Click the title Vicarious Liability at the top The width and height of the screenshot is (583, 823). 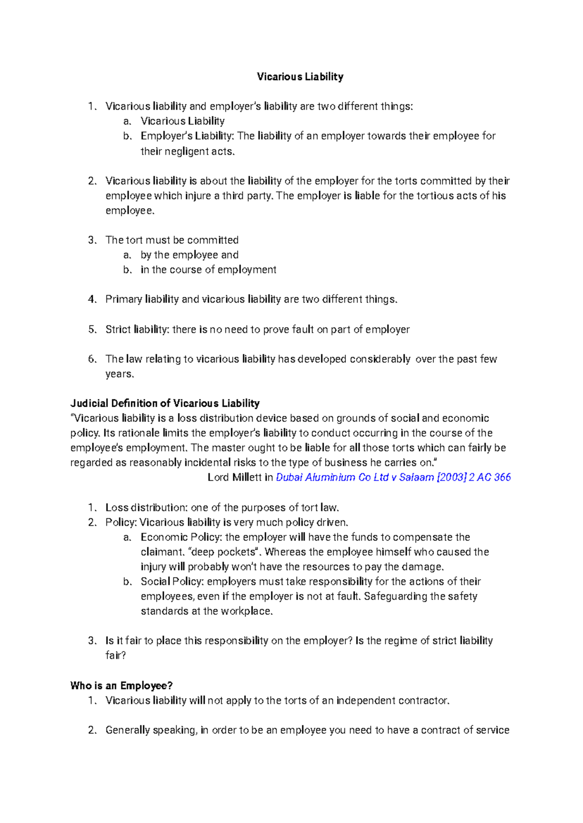tap(300, 77)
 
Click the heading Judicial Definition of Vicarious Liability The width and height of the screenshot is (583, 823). tap(165, 403)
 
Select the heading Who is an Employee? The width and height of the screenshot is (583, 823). tap(121, 686)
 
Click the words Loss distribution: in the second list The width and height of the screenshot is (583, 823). tap(146, 508)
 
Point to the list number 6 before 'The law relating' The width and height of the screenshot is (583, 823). tap(92, 359)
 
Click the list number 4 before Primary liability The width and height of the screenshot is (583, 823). tap(92, 299)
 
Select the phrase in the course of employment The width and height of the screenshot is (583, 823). tap(208, 270)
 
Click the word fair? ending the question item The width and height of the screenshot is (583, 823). tap(116, 655)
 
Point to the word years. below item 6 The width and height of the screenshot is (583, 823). tap(120, 374)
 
